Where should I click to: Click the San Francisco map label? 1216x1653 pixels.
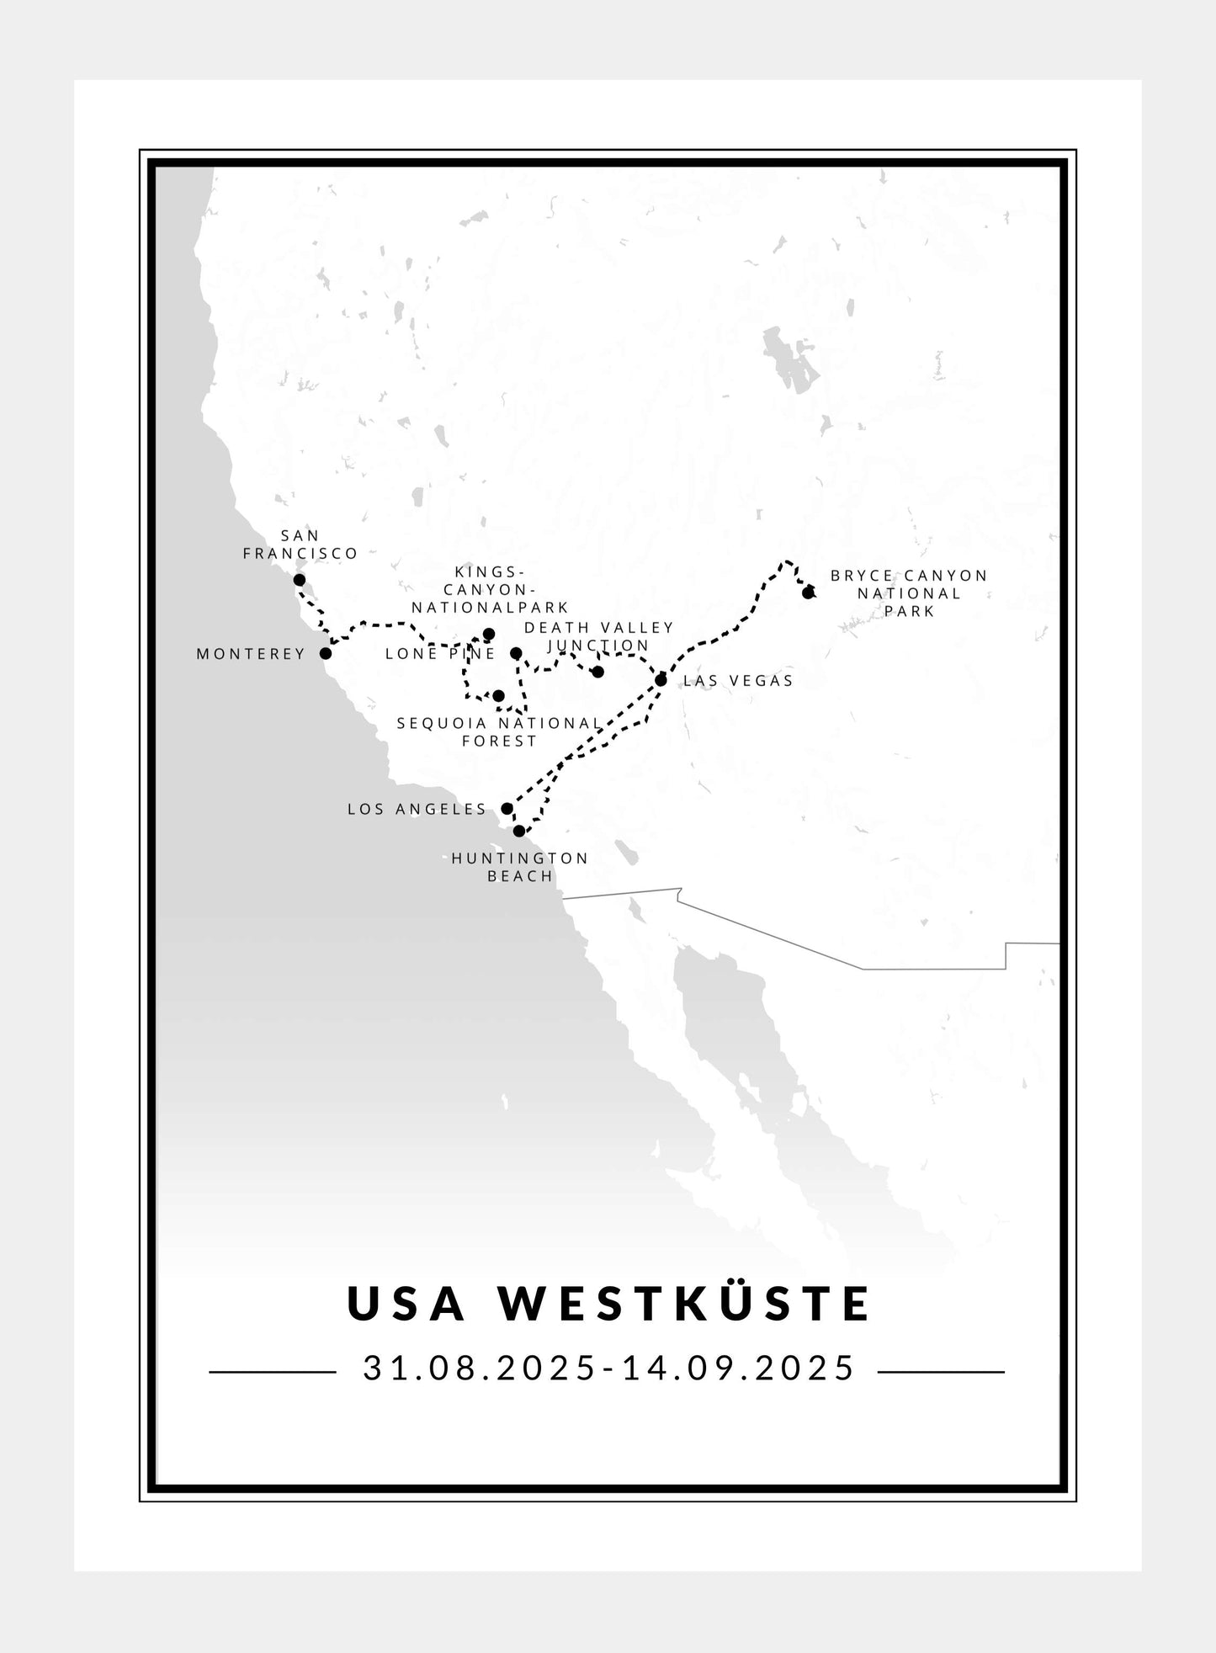300,545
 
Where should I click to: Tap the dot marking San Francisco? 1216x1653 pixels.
299,580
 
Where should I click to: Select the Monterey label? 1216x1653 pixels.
251,654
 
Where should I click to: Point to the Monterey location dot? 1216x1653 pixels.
326,653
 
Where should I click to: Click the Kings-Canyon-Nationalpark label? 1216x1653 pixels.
490,590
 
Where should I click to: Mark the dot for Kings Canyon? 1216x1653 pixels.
489,635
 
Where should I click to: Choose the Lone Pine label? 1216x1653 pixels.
440,654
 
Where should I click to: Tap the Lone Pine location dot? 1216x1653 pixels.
516,653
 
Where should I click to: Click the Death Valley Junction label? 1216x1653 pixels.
599,636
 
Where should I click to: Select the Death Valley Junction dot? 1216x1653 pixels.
597,672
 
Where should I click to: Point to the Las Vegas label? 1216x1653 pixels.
738,681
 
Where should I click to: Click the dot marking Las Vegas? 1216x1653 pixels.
661,680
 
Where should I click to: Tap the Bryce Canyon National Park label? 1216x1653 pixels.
909,593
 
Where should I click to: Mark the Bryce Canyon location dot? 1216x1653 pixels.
808,593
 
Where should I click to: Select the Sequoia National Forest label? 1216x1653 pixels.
500,732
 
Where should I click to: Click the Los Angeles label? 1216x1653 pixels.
417,810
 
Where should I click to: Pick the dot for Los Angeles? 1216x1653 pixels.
507,809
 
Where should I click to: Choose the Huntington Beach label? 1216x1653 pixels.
520,867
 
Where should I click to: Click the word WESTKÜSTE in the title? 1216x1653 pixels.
685,1304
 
